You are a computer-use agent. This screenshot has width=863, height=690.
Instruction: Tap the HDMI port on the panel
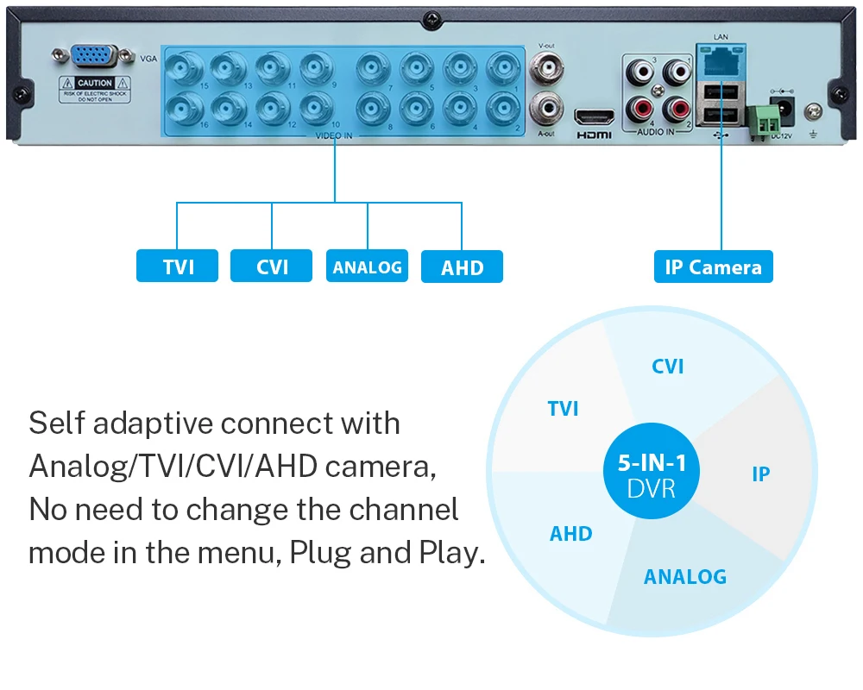point(594,116)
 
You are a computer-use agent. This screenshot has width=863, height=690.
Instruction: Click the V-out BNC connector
point(545,66)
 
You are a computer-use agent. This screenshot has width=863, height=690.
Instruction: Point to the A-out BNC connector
point(545,106)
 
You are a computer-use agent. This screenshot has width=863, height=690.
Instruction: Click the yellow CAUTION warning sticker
point(94,89)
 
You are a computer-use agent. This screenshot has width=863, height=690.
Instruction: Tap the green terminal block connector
point(759,118)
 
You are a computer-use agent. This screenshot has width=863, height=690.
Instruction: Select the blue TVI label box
point(178,267)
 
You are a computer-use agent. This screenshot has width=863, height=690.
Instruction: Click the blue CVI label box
point(272,267)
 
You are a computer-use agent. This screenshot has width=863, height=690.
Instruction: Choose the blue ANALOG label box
point(367,267)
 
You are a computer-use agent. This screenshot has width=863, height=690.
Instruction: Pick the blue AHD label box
point(462,267)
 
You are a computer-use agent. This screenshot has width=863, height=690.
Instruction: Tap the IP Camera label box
point(713,267)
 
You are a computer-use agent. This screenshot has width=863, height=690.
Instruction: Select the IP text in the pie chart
point(760,474)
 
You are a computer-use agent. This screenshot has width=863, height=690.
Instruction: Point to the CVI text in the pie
point(667,366)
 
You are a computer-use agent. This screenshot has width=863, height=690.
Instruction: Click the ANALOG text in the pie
point(684,576)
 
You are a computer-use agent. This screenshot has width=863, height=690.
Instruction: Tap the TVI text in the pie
point(563,408)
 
